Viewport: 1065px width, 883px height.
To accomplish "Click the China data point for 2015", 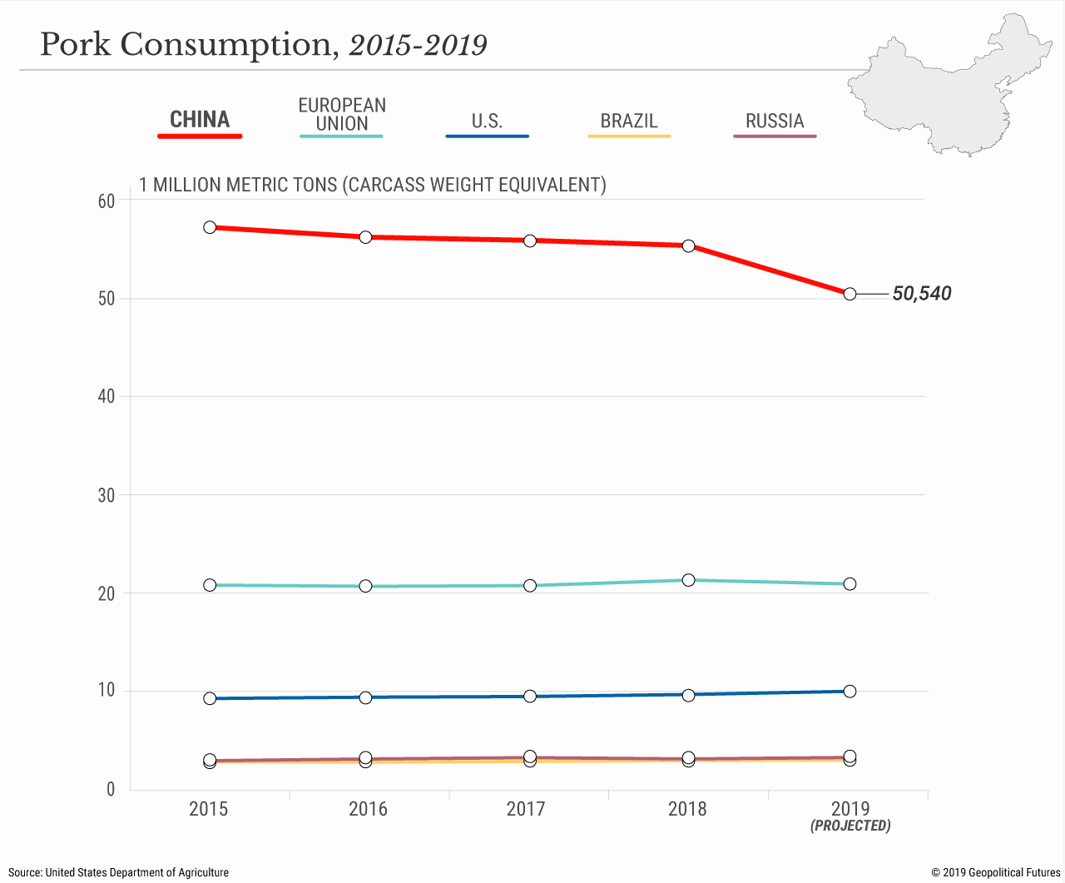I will pos(210,227).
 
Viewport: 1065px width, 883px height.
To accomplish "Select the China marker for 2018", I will pos(688,246).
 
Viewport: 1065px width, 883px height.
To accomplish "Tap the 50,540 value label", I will pos(921,294).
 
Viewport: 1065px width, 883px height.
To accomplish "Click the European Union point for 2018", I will pos(688,580).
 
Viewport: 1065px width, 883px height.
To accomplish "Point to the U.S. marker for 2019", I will pos(850,692).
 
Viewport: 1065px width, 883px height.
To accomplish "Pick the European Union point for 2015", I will pos(210,585).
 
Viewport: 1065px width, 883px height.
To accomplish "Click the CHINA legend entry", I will pos(200,120).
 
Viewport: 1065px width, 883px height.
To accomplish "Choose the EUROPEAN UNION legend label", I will pos(342,115).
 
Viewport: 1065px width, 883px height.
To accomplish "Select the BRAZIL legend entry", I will pos(629,122).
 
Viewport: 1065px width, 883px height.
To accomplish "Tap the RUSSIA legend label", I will pos(775,122).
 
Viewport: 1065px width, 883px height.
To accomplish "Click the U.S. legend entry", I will pos(487,122).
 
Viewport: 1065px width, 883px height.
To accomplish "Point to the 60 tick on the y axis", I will pos(106,201).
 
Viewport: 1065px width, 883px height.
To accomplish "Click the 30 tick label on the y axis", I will pos(106,496).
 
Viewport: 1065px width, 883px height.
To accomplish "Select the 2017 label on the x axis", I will pos(526,809).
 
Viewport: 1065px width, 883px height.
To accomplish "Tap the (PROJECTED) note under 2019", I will pos(850,826).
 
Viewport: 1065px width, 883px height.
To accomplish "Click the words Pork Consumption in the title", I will pos(186,45).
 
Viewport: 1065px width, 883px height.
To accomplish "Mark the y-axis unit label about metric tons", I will pos(372,185).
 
